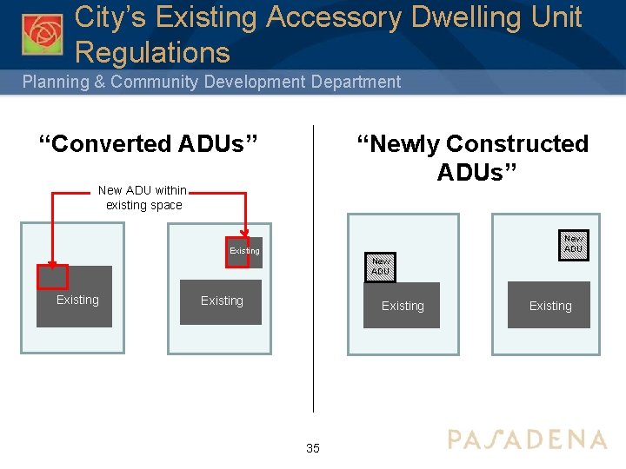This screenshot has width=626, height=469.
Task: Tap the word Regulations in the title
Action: (x=153, y=53)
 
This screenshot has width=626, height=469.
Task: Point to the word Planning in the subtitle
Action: (x=56, y=83)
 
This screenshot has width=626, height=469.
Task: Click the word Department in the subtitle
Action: (x=351, y=83)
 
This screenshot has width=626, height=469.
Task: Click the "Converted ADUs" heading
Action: (x=147, y=143)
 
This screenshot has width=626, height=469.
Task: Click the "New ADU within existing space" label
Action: (x=143, y=198)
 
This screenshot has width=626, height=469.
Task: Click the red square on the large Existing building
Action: (x=51, y=276)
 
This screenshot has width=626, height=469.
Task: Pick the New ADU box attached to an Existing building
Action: (x=381, y=266)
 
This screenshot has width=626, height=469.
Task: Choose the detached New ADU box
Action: (x=573, y=244)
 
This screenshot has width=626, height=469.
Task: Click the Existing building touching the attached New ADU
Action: (x=402, y=306)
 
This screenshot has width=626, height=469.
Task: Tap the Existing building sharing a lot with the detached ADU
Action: (x=549, y=306)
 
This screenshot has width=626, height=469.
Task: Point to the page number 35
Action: (x=313, y=448)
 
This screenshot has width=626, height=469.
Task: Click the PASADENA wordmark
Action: (x=527, y=439)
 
